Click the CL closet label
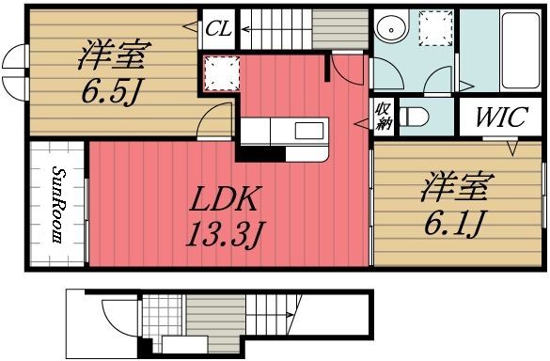[x=220, y=28]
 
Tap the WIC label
[x=494, y=118]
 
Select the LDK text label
[x=227, y=198]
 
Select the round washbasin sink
[x=389, y=30]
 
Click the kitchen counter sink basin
[x=308, y=130]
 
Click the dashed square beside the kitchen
[x=220, y=71]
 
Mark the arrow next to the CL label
[x=202, y=28]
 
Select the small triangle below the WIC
[x=512, y=148]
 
